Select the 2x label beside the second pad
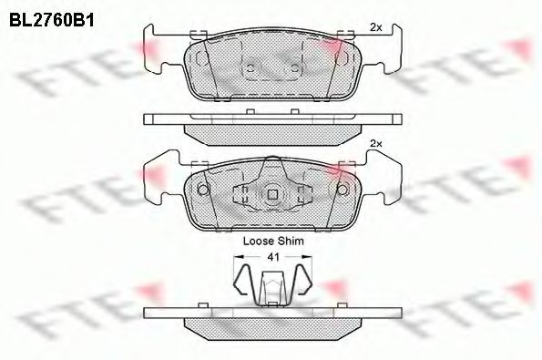pos(375,143)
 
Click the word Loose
pos(258,242)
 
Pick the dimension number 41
pos(271,258)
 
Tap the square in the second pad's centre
pos(271,195)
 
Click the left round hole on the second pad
pos(203,190)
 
